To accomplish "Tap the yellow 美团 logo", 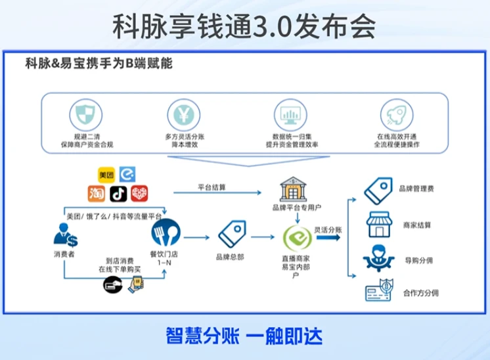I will [x=106, y=175].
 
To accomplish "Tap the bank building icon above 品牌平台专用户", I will [x=291, y=190].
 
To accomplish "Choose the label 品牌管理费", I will [x=416, y=189].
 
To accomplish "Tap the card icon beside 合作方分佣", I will [x=379, y=290].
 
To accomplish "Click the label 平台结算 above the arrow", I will [x=212, y=187].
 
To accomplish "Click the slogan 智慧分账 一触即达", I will [x=244, y=336].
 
